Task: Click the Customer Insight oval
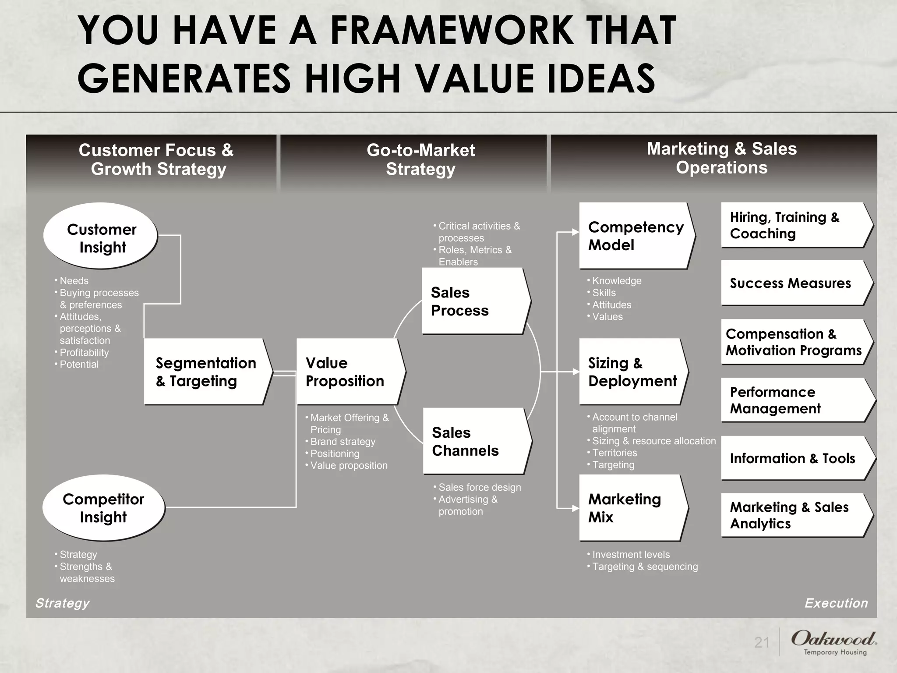tap(101, 237)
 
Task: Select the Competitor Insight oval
tap(103, 507)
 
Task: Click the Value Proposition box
tap(349, 372)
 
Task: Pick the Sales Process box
tap(474, 301)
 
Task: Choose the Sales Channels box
tap(475, 441)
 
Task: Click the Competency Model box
tap(635, 236)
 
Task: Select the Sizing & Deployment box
tap(632, 372)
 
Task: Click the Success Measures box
tap(793, 283)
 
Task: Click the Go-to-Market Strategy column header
tap(420, 160)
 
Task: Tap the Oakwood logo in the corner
tap(833, 642)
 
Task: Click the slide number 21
tap(762, 642)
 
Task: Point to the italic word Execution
tap(836, 603)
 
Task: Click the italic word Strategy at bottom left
tap(62, 603)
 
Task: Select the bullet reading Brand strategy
tap(343, 442)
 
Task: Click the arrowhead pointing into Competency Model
tap(576, 232)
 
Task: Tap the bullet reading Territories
tap(614, 453)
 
